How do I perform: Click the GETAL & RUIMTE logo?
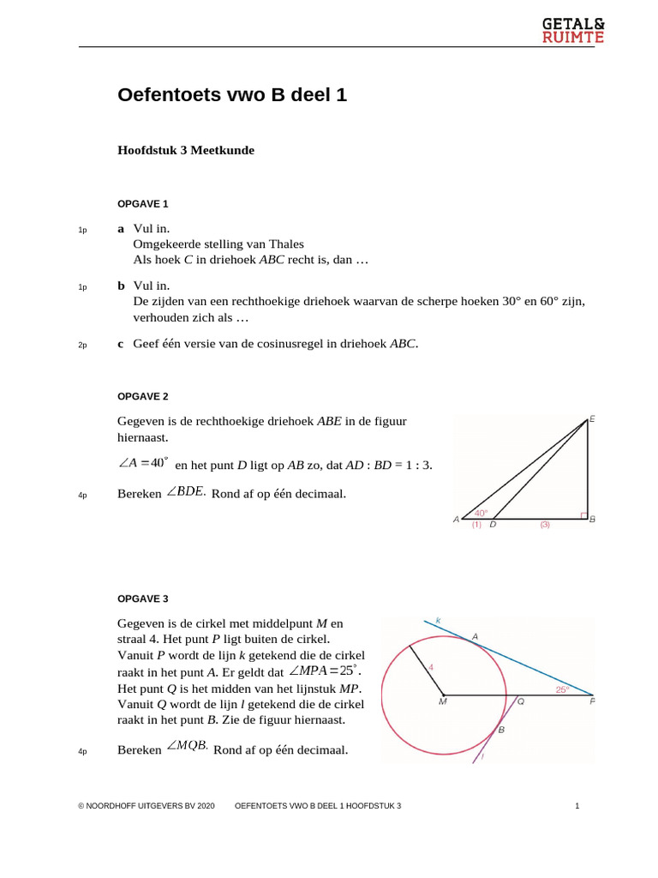click(x=573, y=30)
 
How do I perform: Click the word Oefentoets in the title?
click(x=168, y=95)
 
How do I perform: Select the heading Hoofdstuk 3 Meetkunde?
click(x=186, y=150)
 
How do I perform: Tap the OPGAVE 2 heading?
click(x=142, y=396)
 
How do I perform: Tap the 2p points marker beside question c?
click(x=82, y=345)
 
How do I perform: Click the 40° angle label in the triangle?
click(x=481, y=513)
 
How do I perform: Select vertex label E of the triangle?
click(x=592, y=418)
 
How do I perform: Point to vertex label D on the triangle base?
click(x=493, y=524)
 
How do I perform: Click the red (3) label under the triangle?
click(x=544, y=524)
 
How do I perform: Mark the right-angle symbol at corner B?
click(x=583, y=515)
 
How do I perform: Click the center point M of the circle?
click(x=443, y=695)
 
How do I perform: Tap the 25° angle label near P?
click(x=561, y=689)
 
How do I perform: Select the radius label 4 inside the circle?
click(x=431, y=666)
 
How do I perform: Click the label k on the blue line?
click(x=438, y=619)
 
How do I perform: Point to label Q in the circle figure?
click(x=520, y=701)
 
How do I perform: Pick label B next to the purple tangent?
click(x=501, y=731)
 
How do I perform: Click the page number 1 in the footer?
click(x=577, y=806)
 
